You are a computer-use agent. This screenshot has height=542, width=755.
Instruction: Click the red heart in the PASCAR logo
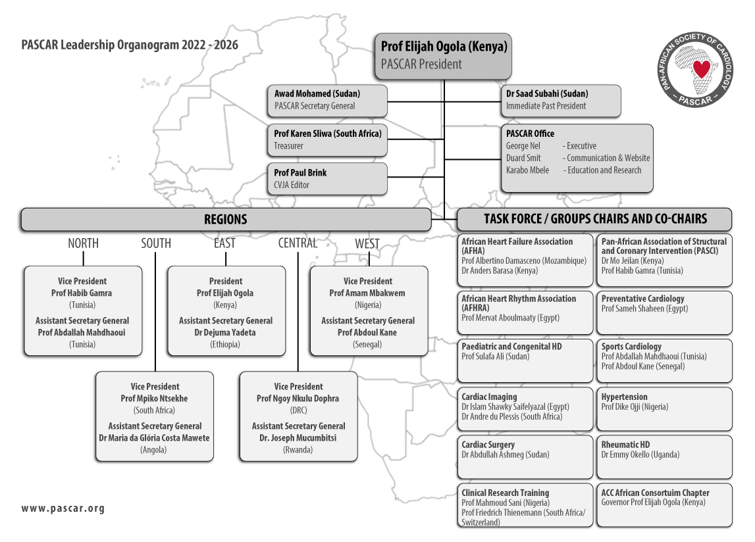click(701, 69)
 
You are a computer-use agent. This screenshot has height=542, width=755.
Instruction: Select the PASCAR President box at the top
click(443, 57)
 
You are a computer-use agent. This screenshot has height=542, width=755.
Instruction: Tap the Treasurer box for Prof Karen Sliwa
click(327, 140)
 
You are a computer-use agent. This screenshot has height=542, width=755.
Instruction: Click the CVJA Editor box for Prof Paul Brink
click(327, 178)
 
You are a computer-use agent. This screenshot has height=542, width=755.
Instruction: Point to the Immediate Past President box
click(560, 101)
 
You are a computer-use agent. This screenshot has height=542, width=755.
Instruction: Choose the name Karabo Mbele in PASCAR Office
click(527, 170)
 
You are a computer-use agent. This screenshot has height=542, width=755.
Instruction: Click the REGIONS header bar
click(226, 220)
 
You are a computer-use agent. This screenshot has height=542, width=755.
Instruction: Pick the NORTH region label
click(84, 243)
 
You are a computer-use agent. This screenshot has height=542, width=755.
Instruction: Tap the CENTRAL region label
click(298, 243)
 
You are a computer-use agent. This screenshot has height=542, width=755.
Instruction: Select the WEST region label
click(367, 244)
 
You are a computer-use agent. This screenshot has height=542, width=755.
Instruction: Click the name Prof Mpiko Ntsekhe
click(154, 399)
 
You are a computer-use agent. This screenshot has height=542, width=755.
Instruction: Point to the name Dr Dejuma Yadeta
click(225, 333)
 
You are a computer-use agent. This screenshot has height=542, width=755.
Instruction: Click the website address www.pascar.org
click(63, 508)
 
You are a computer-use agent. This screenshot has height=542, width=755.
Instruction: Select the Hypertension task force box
click(664, 408)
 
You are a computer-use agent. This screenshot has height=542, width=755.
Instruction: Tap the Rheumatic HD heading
click(625, 445)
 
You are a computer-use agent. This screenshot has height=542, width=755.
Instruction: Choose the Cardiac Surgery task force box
click(525, 456)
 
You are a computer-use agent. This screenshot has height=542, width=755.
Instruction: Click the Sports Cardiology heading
click(631, 347)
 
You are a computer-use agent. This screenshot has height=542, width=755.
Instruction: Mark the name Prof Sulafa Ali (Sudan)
click(496, 357)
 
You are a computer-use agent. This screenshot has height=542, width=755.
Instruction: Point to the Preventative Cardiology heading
click(643, 299)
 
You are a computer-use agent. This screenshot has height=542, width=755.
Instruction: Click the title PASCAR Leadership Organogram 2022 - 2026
click(130, 45)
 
